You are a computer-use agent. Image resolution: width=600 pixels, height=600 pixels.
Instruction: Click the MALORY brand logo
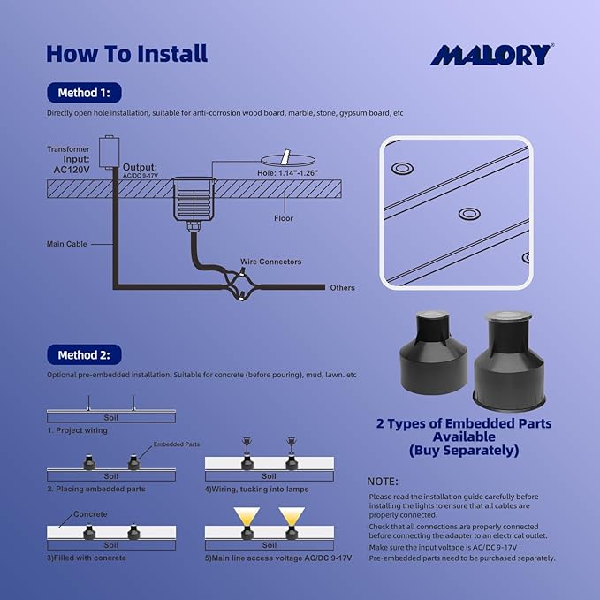(491, 55)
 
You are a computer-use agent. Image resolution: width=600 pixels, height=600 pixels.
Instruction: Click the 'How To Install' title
(126, 53)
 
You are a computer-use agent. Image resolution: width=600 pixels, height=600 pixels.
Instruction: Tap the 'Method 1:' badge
(84, 93)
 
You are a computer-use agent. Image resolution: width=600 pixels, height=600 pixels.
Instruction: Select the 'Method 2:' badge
(84, 355)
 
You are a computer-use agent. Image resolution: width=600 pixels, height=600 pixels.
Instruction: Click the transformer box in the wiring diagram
(110, 151)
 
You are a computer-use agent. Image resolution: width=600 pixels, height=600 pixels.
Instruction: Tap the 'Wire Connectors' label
(270, 262)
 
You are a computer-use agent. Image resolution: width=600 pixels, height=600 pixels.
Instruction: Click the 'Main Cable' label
(67, 244)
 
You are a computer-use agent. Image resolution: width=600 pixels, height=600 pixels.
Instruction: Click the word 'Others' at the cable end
(342, 288)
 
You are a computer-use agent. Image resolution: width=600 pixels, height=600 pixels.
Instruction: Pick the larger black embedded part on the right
(504, 358)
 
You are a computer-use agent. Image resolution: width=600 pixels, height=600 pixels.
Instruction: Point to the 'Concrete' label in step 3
(90, 514)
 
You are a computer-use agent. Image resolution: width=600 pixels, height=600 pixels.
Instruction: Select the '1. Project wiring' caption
(78, 430)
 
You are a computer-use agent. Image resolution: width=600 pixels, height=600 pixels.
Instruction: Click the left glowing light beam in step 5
(247, 515)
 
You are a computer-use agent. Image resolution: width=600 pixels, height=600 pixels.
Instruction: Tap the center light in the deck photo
(466, 214)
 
